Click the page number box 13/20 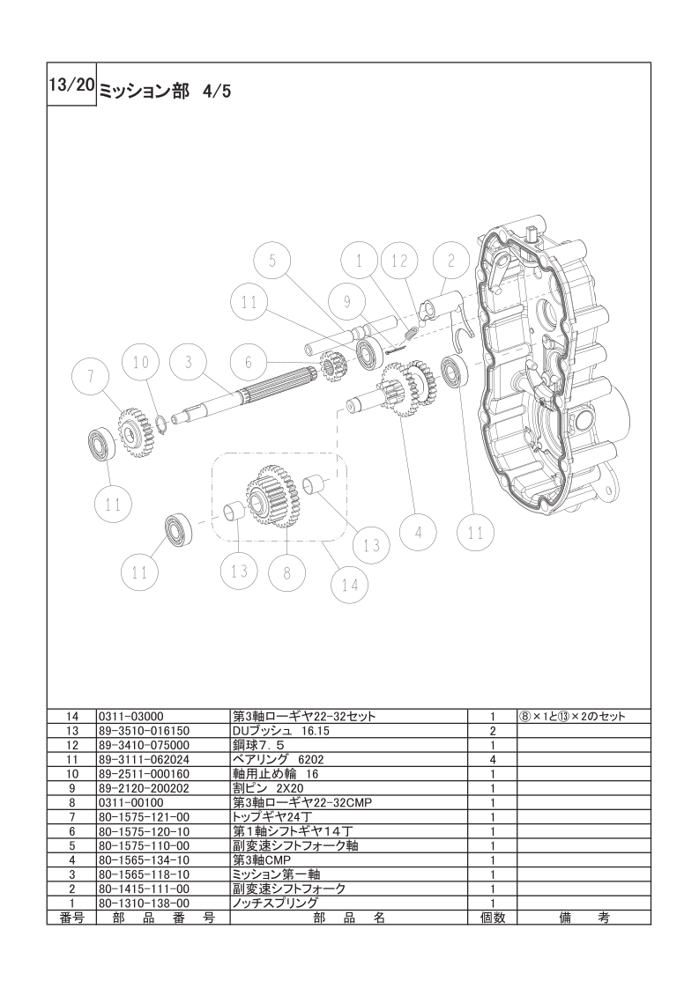71,85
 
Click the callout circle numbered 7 90,376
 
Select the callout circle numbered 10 141,362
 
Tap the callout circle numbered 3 188,362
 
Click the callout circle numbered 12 400,261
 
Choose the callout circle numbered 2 451,261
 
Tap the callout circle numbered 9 346,301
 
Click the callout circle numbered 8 287,572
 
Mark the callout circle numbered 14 350,584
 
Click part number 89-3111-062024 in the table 144,759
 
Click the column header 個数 493,918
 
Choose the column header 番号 71,918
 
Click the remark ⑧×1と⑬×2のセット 572,717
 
